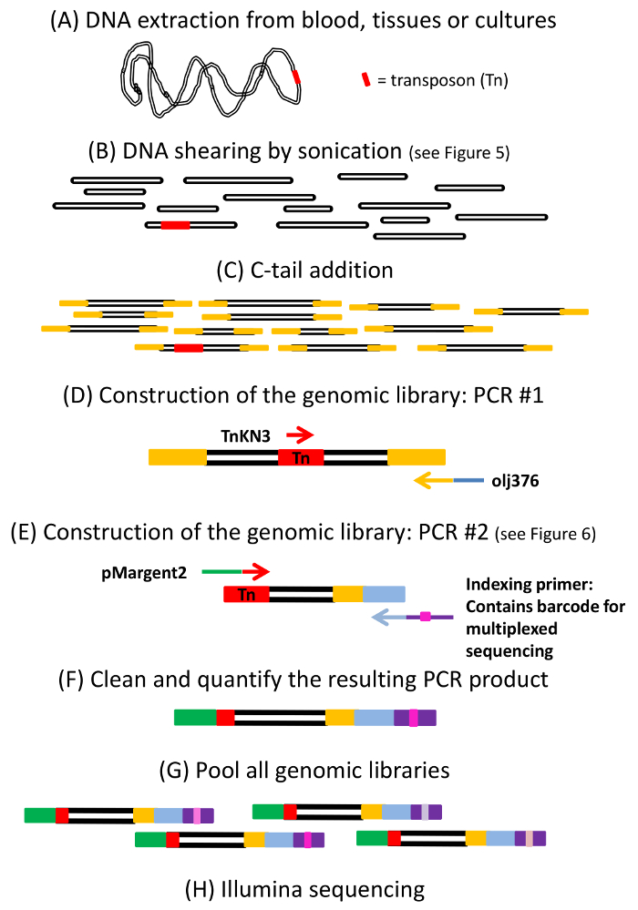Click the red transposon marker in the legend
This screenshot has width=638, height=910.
[365, 79]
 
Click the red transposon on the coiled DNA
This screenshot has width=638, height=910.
[296, 77]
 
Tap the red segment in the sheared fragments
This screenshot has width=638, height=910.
[175, 225]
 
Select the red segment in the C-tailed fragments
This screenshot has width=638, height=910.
[189, 348]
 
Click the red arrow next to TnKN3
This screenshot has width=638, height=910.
[300, 435]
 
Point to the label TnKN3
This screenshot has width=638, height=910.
[245, 435]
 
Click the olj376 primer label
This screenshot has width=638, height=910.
[515, 481]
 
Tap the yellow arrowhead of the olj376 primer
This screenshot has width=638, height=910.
[422, 481]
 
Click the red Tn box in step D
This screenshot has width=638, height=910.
[301, 458]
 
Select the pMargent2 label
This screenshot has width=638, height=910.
[144, 573]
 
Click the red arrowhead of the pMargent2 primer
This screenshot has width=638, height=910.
[256, 572]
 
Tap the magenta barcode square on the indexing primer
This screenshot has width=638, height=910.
[426, 617]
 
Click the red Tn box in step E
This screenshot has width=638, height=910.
[247, 594]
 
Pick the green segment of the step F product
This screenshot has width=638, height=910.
[196, 718]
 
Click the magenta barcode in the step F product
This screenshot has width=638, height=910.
[414, 718]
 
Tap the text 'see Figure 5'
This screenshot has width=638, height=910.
[459, 153]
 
